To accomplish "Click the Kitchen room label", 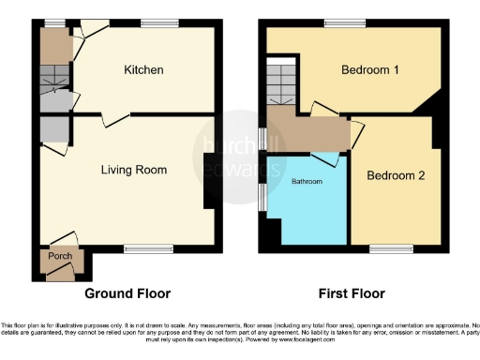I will click(x=143, y=70).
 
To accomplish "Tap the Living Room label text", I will click(x=135, y=170).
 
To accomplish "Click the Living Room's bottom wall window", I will click(x=142, y=248).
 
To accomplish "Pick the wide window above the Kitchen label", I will click(x=154, y=22).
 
